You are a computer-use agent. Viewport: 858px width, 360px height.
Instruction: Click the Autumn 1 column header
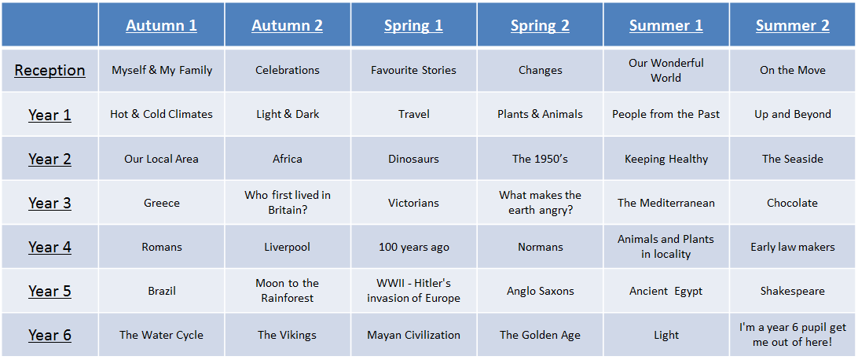coord(161,25)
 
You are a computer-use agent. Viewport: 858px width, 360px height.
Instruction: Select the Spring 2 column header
coord(540,25)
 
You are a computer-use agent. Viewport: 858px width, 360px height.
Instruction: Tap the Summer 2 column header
coord(792,25)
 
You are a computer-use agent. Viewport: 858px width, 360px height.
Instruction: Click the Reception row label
coord(49,70)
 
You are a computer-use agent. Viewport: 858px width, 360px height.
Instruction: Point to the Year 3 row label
coord(49,203)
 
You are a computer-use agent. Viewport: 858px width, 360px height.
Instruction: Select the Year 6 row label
coord(49,335)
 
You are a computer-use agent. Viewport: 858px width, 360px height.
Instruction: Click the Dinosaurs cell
coord(413,160)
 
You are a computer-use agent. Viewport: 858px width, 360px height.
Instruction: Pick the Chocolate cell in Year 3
coord(792,203)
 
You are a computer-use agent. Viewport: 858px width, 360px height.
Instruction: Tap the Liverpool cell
coord(288,248)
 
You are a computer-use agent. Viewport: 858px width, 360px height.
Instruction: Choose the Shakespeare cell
coord(792,291)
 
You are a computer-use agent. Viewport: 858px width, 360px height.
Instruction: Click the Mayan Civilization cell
coord(413,335)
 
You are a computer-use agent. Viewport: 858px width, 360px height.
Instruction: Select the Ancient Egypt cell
coord(666,291)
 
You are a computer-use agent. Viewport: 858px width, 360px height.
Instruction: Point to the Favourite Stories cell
coord(413,70)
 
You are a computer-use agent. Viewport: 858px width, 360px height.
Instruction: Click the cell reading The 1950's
coord(540,160)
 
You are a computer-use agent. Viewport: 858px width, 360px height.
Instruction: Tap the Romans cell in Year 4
coord(161,248)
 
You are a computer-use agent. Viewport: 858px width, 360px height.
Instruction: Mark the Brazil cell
coord(161,291)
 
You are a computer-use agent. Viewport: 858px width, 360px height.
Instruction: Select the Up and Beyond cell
coord(792,114)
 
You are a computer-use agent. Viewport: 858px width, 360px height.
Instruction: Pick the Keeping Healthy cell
coord(666,160)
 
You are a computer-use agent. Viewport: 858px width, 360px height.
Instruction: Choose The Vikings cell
coord(288,335)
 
